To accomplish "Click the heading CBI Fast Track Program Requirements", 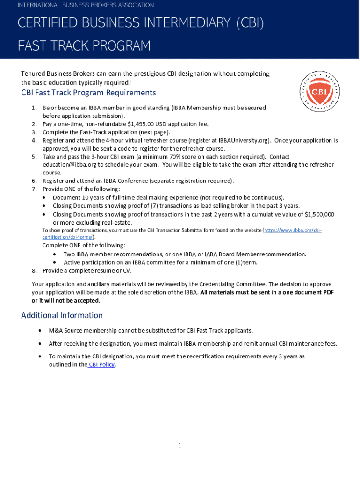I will click(x=88, y=93).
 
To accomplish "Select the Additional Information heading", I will click(x=62, y=315).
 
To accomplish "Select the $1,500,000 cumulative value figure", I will click(x=319, y=214).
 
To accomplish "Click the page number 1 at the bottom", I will click(x=180, y=445).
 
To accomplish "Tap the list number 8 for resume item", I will click(x=34, y=271).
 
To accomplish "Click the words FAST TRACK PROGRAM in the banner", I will click(x=84, y=46).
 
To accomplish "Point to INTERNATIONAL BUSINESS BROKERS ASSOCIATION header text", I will click(x=86, y=5).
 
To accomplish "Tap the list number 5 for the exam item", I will click(x=34, y=157).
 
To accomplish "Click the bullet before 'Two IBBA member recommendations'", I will click(x=55, y=254).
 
